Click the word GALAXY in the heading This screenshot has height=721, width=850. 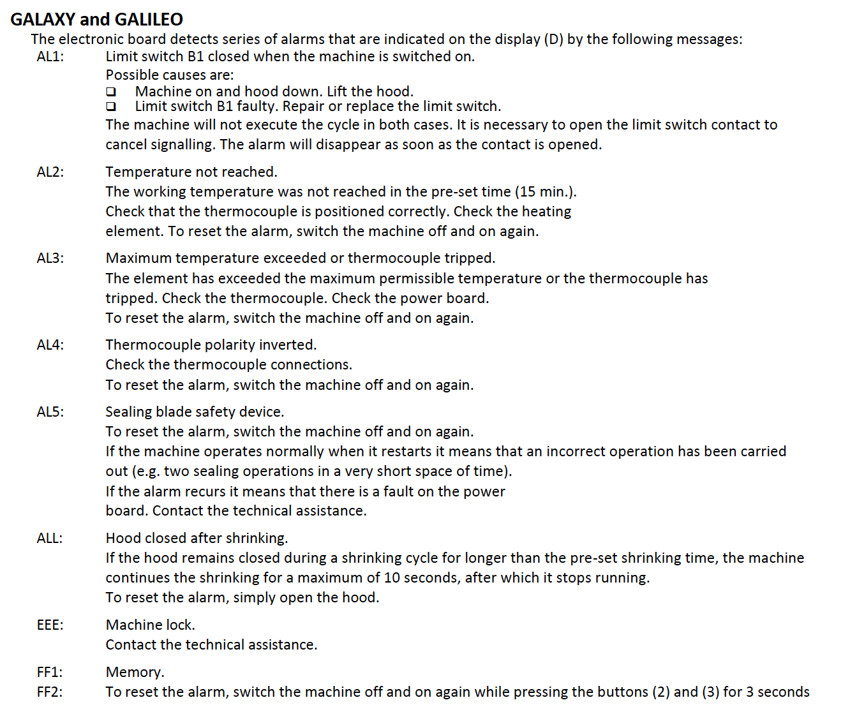43,20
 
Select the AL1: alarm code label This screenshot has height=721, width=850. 50,57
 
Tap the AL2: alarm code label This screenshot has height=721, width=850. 50,172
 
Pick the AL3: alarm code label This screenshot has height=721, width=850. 50,258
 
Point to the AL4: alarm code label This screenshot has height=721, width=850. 50,345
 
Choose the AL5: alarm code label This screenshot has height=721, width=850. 50,412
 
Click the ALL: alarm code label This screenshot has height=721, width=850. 50,539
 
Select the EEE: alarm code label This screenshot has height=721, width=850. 50,625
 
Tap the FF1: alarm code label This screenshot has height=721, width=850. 50,673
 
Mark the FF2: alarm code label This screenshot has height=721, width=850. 50,692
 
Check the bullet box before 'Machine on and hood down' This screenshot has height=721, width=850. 112,92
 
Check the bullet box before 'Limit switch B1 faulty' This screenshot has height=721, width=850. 112,107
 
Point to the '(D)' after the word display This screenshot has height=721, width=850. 553,40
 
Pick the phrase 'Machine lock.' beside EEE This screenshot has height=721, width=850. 151,625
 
